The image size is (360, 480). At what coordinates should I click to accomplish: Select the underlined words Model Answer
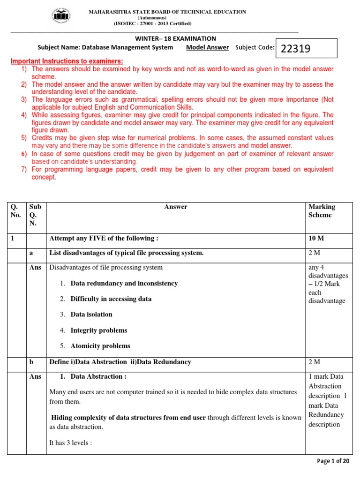pos(207,47)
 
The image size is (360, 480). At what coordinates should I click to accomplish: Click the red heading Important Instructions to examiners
pos(67,61)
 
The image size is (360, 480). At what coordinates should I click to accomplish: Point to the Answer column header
pos(176,207)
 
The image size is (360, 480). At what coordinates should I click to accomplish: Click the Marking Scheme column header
pos(322,211)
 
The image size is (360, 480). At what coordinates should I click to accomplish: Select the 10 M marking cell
pos(316,238)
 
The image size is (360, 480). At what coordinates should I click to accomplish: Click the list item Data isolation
pos(91,315)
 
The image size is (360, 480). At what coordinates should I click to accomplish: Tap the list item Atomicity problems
pos(100,346)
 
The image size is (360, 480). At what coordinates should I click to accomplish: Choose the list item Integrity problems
pos(98,330)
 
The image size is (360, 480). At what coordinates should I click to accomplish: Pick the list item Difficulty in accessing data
pos(111,299)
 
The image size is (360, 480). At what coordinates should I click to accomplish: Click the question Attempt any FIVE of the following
pos(104,238)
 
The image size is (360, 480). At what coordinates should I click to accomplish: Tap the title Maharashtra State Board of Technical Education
pos(167,12)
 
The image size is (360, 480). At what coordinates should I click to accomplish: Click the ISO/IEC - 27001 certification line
pos(152,23)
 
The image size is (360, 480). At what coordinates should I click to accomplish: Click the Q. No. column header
pos(16,211)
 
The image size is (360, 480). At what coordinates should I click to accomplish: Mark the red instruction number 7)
pos(23,169)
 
